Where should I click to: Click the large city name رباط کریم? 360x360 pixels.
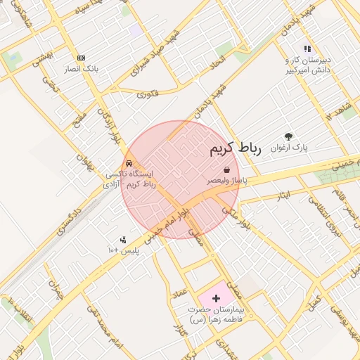[x=235, y=149]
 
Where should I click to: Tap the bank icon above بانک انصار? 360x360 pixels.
[x=82, y=58]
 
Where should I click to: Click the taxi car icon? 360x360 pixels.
[x=129, y=162]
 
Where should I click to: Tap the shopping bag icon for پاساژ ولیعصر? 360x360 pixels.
[x=226, y=169]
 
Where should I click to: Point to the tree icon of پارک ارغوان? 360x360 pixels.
[x=288, y=137]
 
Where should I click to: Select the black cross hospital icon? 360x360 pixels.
[x=216, y=299]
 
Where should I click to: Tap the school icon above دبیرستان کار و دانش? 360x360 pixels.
[x=307, y=48]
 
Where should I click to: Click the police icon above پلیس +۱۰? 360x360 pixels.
[x=124, y=240]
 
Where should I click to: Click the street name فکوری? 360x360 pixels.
[x=148, y=93]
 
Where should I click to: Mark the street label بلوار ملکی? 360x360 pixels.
[x=236, y=217]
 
